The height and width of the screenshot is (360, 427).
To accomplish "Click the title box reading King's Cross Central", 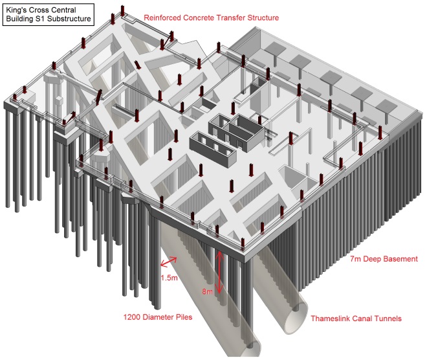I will pos(49,14).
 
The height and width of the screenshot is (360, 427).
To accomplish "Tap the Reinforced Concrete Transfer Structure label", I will pos(211,17).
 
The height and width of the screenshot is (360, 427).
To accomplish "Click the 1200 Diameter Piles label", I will pos(157,317).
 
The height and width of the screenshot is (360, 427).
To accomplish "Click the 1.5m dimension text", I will pos(168,277).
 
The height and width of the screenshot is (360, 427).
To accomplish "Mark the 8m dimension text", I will pos(207,292).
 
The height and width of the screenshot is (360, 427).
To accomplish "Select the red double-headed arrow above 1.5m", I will pos(169,262).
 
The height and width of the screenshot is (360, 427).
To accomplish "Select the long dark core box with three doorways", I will pos(210,141).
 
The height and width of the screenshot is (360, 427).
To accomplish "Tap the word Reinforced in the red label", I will pos(166,17).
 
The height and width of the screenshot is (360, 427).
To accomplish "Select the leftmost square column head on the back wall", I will pos(276,49).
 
